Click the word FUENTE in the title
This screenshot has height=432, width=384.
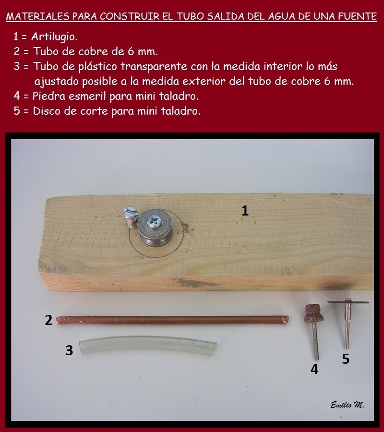(357, 16)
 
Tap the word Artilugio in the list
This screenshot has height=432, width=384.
(54, 36)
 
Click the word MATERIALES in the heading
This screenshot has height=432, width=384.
(37, 16)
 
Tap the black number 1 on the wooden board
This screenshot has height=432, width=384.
(245, 211)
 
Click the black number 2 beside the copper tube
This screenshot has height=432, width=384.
(48, 320)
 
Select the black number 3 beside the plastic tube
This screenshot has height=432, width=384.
(69, 350)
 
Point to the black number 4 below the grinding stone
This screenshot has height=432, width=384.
(314, 369)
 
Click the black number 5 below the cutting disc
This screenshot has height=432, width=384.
(346, 359)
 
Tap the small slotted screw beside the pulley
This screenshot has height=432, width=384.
(130, 217)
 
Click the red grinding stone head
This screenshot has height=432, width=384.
(314, 313)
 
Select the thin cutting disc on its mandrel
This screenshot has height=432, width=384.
(348, 302)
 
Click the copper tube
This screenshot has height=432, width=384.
(172, 320)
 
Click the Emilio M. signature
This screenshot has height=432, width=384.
(347, 405)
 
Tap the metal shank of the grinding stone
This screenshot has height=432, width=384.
(316, 341)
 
